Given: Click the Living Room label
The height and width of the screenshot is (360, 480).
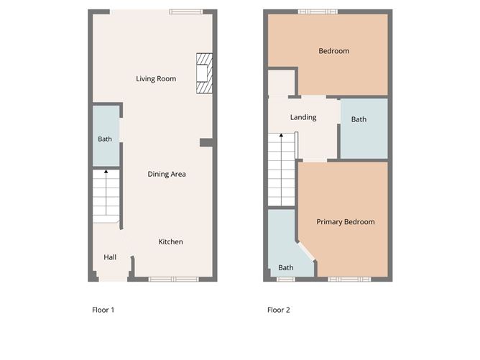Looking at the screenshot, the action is point(156,78).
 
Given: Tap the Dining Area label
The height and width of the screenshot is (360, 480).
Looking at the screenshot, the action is point(167,174).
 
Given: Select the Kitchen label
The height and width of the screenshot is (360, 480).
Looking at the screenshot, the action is point(170,241).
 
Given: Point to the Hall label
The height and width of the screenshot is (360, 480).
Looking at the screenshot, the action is point(110,257).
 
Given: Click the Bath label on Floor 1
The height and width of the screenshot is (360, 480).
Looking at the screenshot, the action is point(105,139).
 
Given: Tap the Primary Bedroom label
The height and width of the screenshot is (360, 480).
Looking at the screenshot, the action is point(346,222).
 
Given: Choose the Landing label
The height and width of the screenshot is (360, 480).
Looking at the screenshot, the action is point(303,117).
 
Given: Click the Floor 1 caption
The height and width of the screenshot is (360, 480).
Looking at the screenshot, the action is point(103,310).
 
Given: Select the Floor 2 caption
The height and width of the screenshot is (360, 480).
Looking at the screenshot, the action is point(279,310).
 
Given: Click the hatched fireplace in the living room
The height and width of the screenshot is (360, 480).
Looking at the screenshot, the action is point(205,73).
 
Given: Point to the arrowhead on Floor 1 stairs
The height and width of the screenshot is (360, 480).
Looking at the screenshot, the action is point(106,172).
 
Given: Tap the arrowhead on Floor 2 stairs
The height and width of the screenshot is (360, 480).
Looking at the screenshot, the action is point(282,135).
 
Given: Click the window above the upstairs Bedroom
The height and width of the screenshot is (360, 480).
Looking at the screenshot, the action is point(318,12).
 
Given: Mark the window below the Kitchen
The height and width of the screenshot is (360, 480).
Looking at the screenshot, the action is point(174,280).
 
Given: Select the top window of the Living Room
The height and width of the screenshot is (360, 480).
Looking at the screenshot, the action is point(186,12).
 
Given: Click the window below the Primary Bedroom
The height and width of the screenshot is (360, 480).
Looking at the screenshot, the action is point(349,280).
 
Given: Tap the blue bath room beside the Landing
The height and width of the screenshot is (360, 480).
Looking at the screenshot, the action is point(364,129).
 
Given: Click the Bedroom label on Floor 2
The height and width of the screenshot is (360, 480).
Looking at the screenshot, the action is point(334,51).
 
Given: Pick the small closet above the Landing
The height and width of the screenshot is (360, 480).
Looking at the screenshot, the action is point(282,83).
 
